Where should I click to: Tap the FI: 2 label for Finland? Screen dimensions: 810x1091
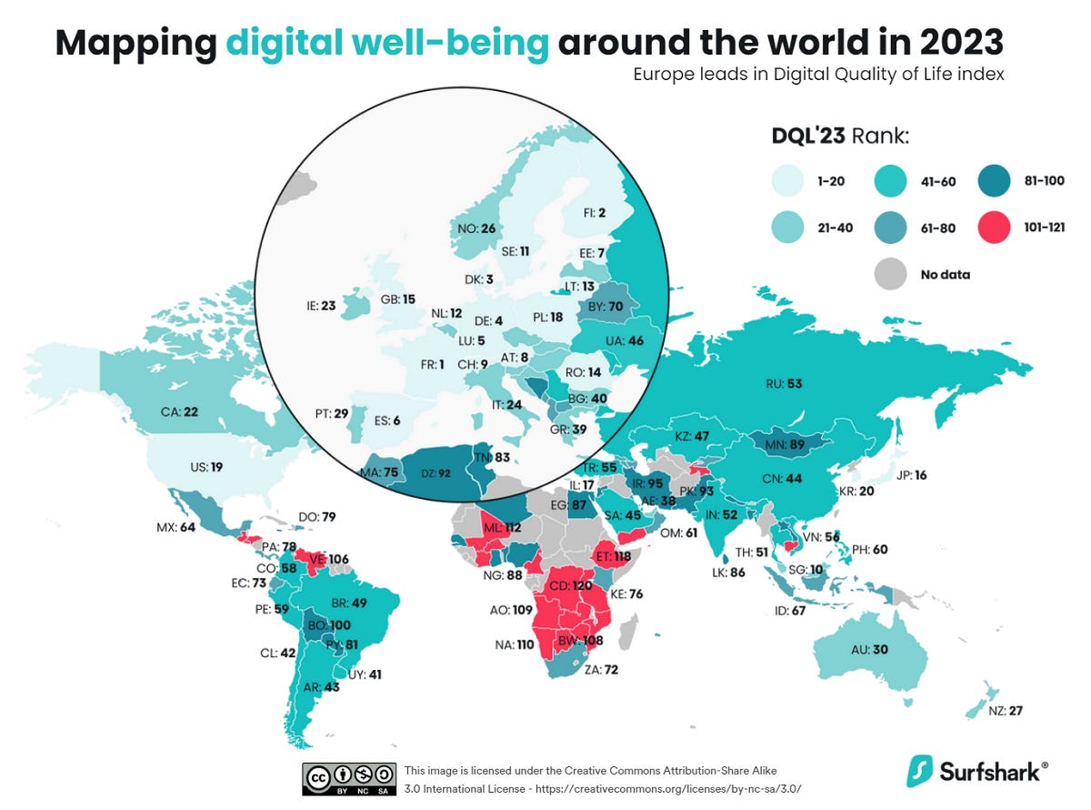pos(595,213)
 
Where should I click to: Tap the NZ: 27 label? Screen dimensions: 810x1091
pos(1004,710)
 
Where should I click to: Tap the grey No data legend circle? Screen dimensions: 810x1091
pos(889,274)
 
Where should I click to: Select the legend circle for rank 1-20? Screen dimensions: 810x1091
pos(789,181)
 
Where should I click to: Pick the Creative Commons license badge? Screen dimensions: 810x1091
pos(349,778)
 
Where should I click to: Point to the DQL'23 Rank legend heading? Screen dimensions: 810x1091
pos(841,137)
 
